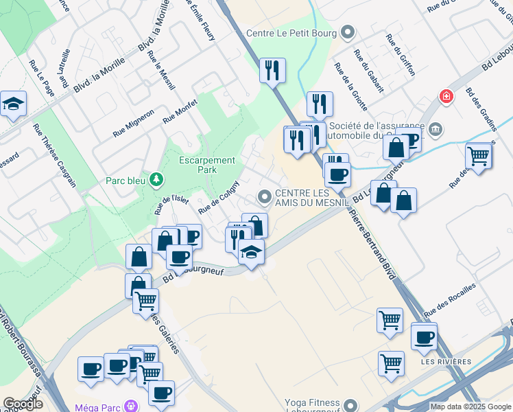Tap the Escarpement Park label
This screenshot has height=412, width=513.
206,165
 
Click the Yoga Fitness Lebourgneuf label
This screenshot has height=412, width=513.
309,406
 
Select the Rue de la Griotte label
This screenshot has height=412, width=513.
350,87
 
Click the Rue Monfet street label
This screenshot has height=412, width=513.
180,111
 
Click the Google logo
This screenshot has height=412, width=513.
23,404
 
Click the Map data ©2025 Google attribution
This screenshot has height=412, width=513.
470,407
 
